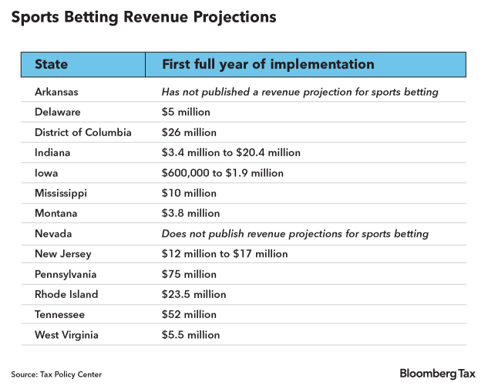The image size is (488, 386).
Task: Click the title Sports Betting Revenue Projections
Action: pyautogui.click(x=143, y=16)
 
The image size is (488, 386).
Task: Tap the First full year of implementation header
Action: pyautogui.click(x=268, y=64)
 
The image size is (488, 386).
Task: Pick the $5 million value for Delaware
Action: pyautogui.click(x=186, y=112)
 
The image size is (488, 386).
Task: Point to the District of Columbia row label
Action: pyautogui.click(x=83, y=132)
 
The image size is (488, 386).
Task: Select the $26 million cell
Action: pyautogui.click(x=189, y=132)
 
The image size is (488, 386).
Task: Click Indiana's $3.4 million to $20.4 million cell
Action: pyautogui.click(x=231, y=153)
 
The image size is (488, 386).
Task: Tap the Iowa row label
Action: pyautogui.click(x=46, y=173)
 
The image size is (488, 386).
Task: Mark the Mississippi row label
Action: pyautogui.click(x=62, y=193)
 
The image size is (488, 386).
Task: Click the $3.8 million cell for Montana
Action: pyautogui.click(x=190, y=213)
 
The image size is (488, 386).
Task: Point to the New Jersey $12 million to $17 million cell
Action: pyautogui.click(x=224, y=254)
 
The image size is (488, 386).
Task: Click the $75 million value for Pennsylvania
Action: pyautogui.click(x=189, y=274)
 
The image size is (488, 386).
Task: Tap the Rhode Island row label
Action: pyautogui.click(x=66, y=294)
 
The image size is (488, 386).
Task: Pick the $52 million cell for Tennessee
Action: pyautogui.click(x=189, y=314)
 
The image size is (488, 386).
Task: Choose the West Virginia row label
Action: pyautogui.click(x=66, y=335)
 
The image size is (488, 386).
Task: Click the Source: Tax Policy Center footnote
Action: pyautogui.click(x=56, y=374)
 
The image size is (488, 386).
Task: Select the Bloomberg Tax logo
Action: pyautogui.click(x=437, y=374)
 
